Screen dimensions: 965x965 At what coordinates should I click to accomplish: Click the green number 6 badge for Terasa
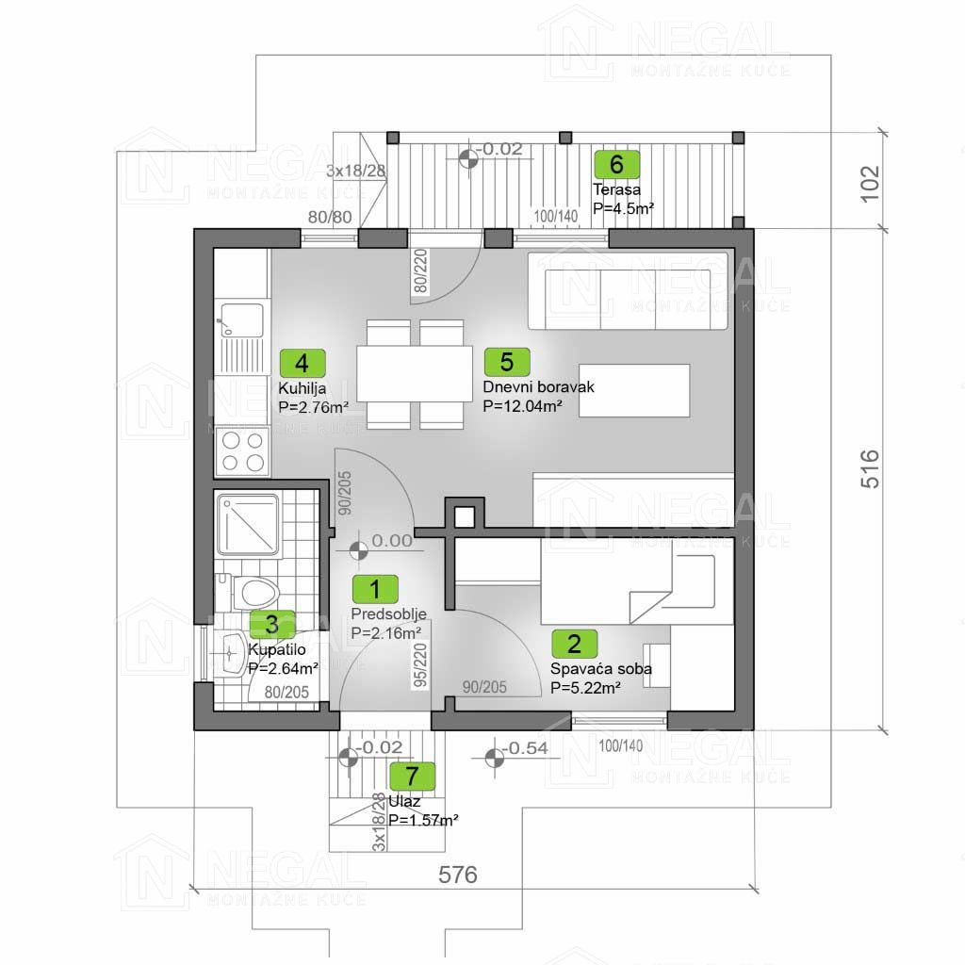point(616,164)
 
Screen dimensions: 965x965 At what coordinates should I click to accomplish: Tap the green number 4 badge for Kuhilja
point(303,363)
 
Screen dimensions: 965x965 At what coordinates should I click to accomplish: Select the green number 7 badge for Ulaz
point(413,777)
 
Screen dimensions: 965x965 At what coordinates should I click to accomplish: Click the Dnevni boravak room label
point(538,387)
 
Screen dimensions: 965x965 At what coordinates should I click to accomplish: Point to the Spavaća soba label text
point(600,669)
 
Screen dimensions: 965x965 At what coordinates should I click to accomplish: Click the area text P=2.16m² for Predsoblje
point(385,632)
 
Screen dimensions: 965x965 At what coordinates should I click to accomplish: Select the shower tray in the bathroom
point(248,524)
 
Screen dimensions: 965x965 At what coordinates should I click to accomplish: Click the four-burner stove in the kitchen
point(242,451)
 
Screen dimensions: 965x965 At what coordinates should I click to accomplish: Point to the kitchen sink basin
point(242,320)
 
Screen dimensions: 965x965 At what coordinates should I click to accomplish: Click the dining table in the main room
point(415,374)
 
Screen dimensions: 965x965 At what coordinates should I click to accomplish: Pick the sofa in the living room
point(629,292)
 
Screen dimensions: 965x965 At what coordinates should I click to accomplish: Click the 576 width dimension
point(458,875)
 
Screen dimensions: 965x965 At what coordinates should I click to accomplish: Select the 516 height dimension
point(870,469)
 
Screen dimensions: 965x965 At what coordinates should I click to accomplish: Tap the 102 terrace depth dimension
point(870,184)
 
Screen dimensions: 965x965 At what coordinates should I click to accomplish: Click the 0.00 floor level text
point(392,541)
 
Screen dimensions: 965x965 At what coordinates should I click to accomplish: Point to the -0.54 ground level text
point(525,748)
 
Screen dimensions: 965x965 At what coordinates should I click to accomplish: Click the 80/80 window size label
point(330,217)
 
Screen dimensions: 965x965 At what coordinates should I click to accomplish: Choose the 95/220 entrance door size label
point(421,664)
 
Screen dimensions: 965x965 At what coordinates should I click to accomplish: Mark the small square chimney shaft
point(465,516)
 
